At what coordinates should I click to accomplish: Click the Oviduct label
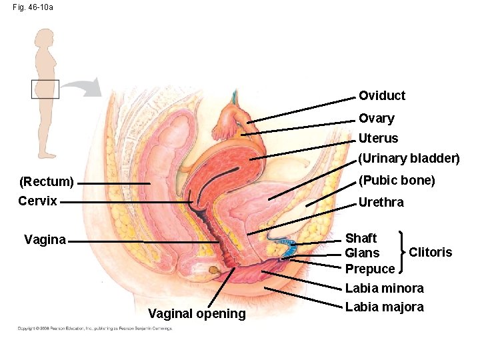coord(381,95)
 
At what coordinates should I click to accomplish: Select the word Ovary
coord(376,118)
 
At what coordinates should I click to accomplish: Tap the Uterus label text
coord(378,139)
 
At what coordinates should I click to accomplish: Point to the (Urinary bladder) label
coord(409,159)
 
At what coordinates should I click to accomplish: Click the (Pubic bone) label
coord(397,180)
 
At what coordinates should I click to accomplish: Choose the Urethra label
coord(381,202)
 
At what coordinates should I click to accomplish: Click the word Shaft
coord(361,238)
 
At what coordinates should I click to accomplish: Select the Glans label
coord(362,253)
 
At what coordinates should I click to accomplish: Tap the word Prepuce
coord(369,269)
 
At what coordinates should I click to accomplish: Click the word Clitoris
coord(430,252)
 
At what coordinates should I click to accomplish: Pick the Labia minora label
coord(384,289)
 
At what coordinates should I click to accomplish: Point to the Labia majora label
coord(384,307)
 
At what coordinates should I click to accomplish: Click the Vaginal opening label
coord(197,313)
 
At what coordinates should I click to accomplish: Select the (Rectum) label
coord(46,181)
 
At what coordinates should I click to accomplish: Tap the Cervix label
coord(37,201)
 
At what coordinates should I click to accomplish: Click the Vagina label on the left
coord(45,240)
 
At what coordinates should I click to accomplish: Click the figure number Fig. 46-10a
coord(33,7)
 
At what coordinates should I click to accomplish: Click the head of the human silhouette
coord(45,39)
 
